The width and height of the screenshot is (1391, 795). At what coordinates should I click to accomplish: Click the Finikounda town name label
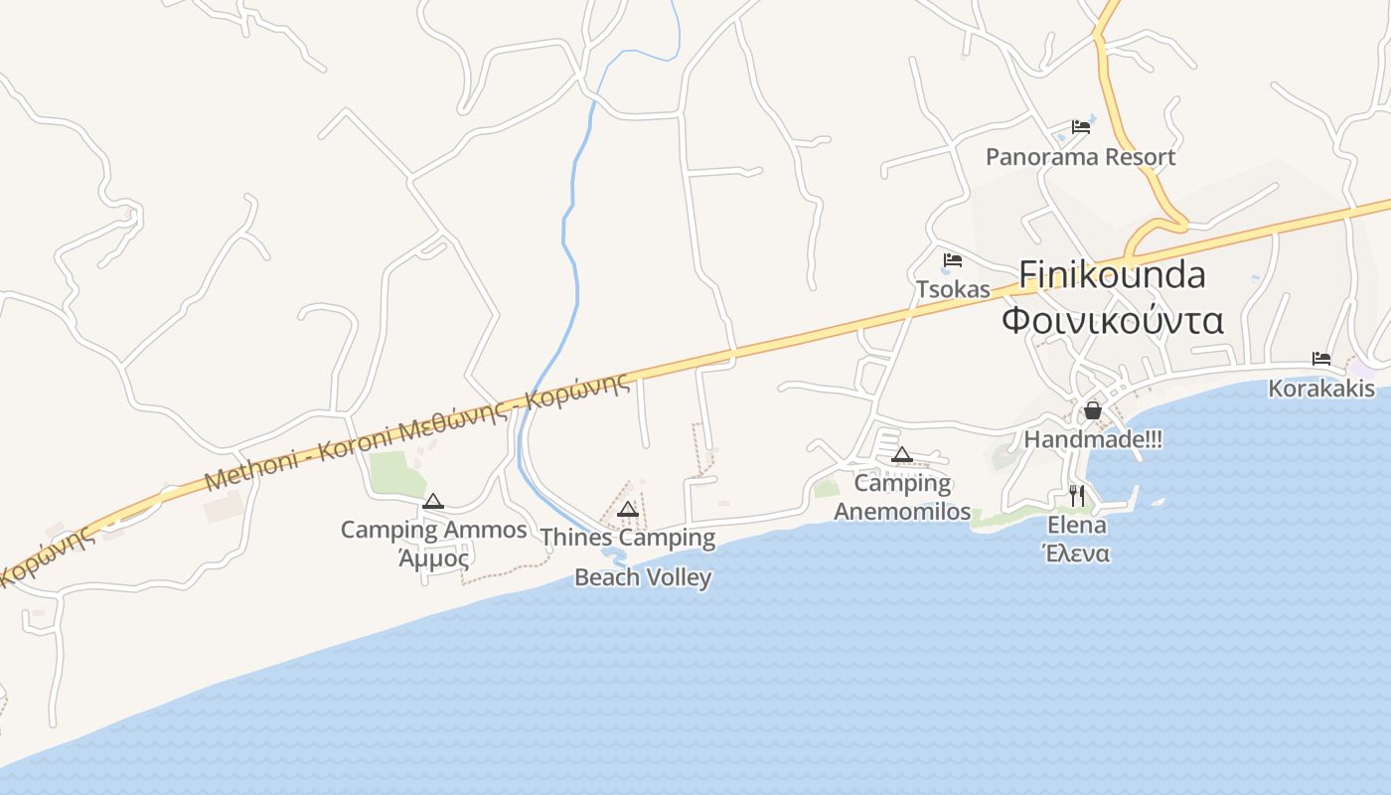point(1113,274)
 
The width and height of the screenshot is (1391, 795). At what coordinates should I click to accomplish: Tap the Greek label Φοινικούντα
point(1113,321)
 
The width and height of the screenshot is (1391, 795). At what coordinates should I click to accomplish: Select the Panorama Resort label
point(1080,157)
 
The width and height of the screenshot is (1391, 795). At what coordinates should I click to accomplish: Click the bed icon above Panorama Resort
point(1081,127)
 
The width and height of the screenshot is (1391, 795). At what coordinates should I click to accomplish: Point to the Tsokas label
point(953,289)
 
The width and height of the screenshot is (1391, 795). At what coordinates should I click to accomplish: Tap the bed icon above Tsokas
point(953,260)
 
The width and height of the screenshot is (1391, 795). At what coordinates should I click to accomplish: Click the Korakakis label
point(1321,389)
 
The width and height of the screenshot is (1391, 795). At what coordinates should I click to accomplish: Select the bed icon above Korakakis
point(1321,359)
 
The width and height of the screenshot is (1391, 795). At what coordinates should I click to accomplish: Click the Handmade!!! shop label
point(1093,439)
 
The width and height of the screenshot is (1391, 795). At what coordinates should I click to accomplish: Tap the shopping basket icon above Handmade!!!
point(1093,410)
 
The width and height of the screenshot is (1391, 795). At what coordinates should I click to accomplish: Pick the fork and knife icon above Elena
point(1077,495)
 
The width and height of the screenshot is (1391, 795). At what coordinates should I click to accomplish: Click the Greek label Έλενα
point(1077,554)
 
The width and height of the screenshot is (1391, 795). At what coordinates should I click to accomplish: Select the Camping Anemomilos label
point(902,497)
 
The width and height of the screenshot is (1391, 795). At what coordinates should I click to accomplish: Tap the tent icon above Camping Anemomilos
point(902,455)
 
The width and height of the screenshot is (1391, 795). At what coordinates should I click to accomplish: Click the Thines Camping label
point(628,539)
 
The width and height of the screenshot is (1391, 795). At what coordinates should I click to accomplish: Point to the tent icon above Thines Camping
point(627,510)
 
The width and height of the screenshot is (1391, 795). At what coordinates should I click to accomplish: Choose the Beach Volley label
point(643,577)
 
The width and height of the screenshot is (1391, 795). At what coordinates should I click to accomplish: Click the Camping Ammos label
point(433,530)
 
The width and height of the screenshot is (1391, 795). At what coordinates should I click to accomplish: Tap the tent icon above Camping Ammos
point(432,502)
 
